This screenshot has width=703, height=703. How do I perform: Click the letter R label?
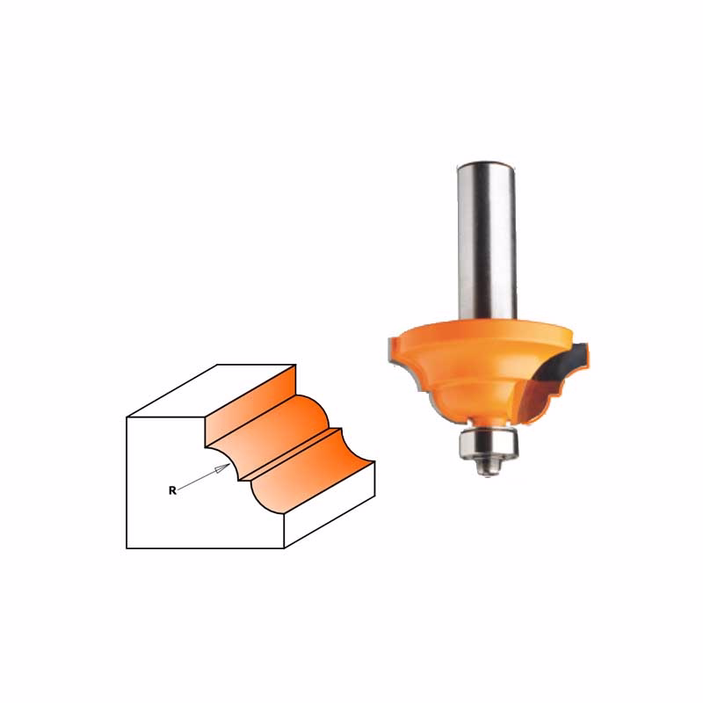172,491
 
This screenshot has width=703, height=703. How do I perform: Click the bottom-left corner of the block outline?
127,548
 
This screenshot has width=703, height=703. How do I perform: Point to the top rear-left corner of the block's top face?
217,364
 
